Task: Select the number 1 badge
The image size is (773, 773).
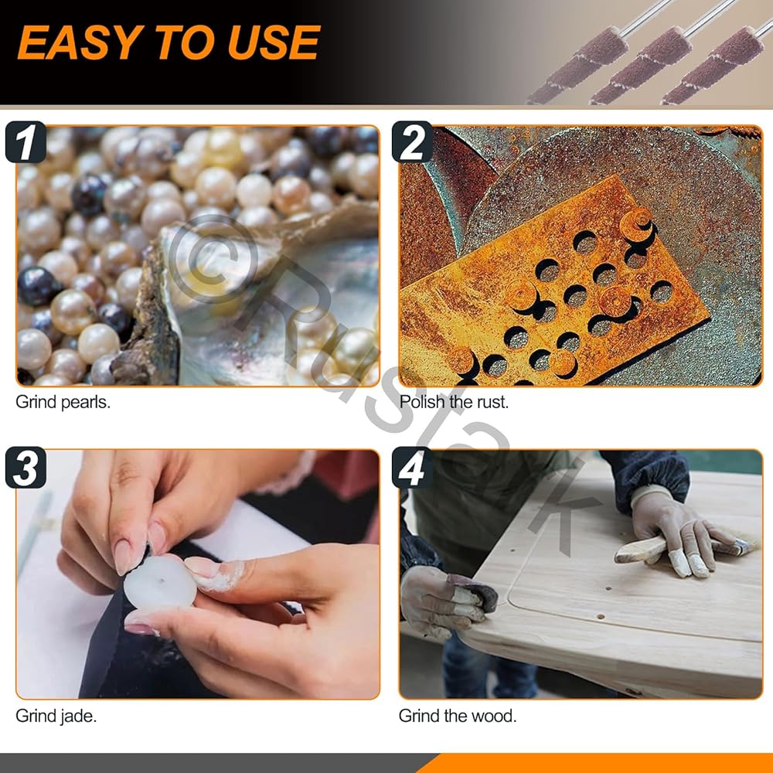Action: point(26,142)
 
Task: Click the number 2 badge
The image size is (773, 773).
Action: point(412,142)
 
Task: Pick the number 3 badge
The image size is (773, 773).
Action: point(26,468)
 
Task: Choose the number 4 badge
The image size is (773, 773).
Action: point(412,468)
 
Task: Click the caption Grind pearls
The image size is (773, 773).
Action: point(63,403)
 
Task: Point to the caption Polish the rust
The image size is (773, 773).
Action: point(454,402)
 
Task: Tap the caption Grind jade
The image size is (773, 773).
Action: point(56,717)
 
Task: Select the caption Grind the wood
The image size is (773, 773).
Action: point(458,716)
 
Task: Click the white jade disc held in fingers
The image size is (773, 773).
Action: point(159,583)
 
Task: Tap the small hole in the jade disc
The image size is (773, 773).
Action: point(159,582)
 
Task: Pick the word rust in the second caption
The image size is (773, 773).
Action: point(492,403)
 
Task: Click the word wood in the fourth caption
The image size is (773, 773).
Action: point(497,716)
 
